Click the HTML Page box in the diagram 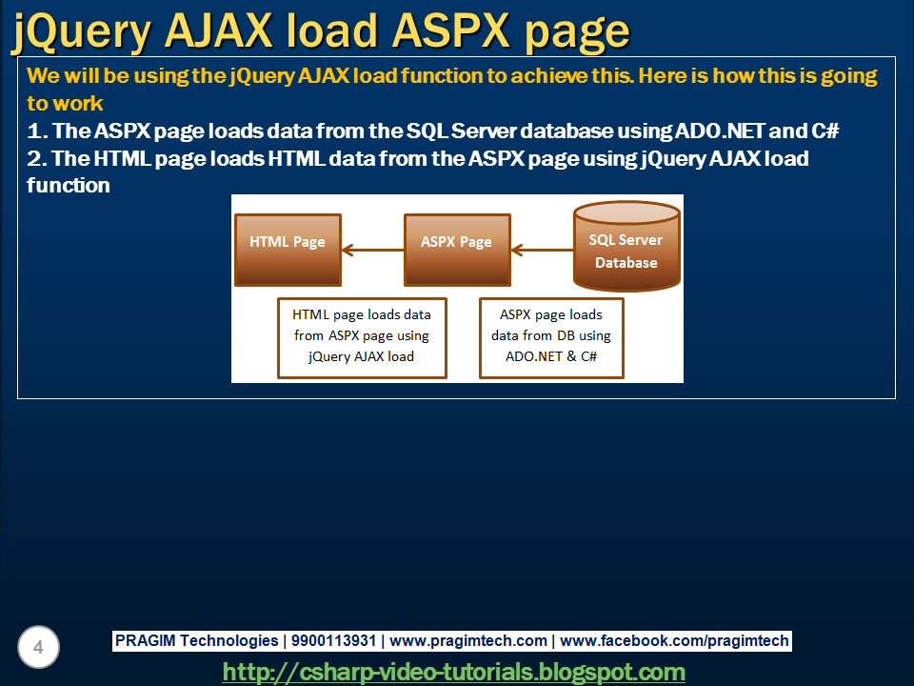point(288,250)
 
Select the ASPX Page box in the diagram point(458,250)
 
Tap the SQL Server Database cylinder point(626,246)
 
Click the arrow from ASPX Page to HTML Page point(373,251)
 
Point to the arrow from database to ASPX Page point(542,251)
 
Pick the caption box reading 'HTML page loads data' point(362,338)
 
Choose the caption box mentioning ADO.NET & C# point(551,338)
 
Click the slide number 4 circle point(38,648)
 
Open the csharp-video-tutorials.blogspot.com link point(454,672)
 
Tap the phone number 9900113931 point(333,640)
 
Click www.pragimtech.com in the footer point(468,641)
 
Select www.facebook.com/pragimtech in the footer point(674,641)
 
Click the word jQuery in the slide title point(82,32)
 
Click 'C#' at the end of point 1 point(825,131)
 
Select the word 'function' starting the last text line point(69,186)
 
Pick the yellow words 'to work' point(65,103)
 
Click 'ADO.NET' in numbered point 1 point(720,131)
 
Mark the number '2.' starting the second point point(37,158)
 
